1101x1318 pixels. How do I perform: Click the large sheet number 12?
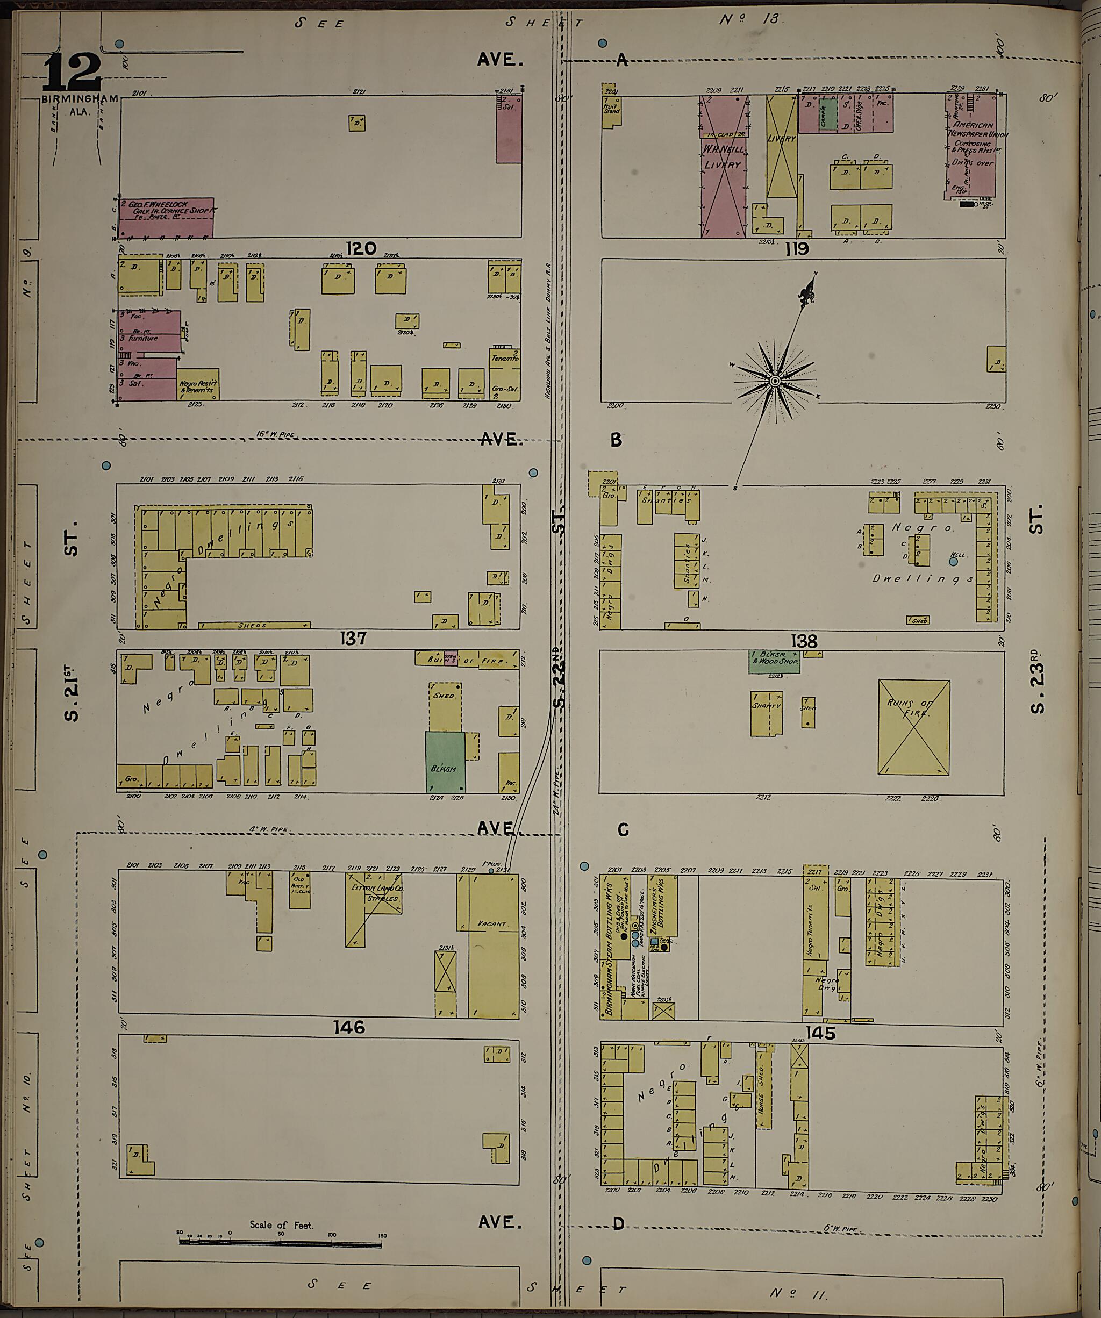(x=72, y=71)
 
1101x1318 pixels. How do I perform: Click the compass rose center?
(x=775, y=381)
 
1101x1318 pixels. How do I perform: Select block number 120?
(x=361, y=248)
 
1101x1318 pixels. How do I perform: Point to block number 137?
(x=353, y=638)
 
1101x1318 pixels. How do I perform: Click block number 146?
(x=348, y=1027)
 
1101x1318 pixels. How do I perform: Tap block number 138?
(x=804, y=641)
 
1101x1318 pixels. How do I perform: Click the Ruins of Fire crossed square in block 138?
(x=913, y=727)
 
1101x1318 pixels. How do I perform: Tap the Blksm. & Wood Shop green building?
(x=774, y=662)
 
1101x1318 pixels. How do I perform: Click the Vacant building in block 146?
(x=493, y=944)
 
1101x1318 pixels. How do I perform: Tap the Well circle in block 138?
(x=954, y=562)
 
